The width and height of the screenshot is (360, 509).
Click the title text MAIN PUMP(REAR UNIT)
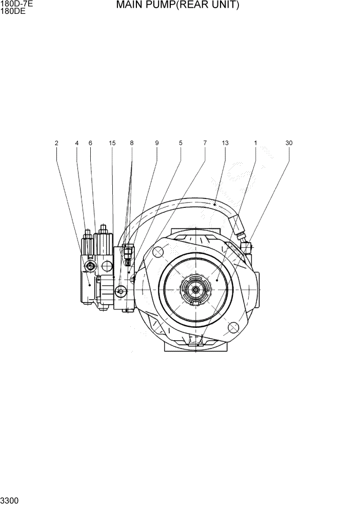click(177, 6)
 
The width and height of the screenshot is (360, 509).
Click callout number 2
click(56, 143)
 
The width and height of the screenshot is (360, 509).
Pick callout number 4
click(77, 143)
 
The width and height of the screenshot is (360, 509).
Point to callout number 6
click(90, 143)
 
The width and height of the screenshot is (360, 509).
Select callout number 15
click(112, 143)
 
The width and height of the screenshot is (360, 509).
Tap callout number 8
click(132, 143)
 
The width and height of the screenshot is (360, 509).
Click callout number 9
click(157, 143)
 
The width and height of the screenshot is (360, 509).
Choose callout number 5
click(181, 143)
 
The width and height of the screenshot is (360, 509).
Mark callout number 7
click(205, 143)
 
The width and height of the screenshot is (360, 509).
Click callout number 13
click(225, 143)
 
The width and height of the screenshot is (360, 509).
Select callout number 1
click(255, 143)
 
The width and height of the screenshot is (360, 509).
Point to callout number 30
click(289, 143)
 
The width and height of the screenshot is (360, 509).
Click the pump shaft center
click(196, 290)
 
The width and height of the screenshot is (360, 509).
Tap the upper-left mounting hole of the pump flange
click(157, 252)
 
